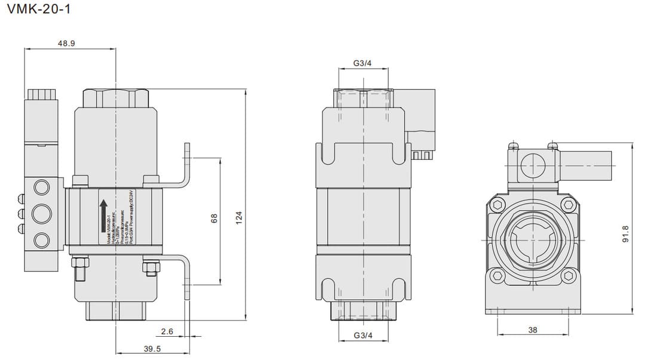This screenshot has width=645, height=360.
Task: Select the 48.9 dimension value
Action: [x=66, y=44]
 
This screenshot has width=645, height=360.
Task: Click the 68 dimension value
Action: [x=214, y=220]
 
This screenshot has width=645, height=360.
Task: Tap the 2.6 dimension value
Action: [x=167, y=331]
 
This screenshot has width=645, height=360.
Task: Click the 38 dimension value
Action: [x=532, y=329]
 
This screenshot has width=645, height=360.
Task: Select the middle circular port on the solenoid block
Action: [x=42, y=213]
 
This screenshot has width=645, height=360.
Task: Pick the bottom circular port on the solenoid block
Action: [x=42, y=240]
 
